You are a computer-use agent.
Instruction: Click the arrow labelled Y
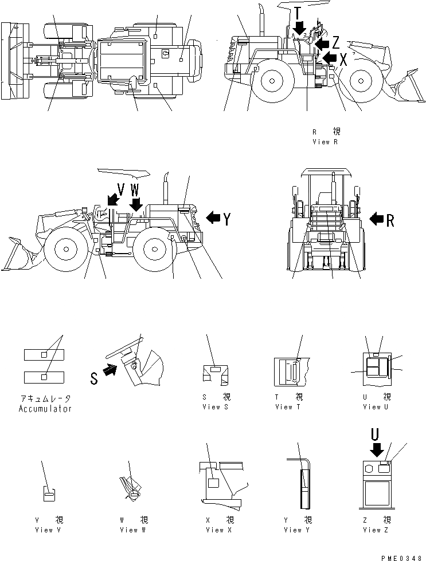(x=213, y=218)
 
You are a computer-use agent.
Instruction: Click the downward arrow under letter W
(x=136, y=203)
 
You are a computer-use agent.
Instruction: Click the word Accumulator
(x=45, y=409)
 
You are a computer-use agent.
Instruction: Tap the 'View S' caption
(x=216, y=407)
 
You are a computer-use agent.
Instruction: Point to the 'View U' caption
(x=377, y=407)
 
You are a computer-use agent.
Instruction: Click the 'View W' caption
(x=134, y=530)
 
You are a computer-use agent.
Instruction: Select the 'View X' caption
(x=218, y=530)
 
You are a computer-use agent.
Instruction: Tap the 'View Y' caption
(x=297, y=530)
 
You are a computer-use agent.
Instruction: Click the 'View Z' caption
(x=377, y=530)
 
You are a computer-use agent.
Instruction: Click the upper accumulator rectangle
(x=44, y=355)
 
